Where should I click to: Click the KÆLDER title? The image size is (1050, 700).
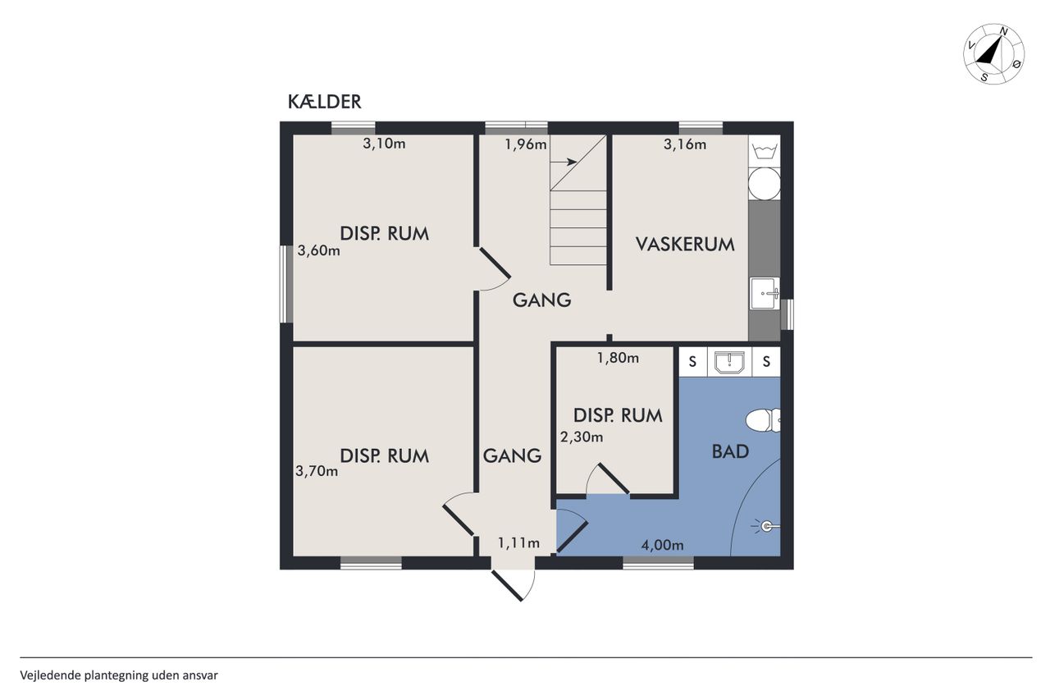pyautogui.click(x=324, y=102)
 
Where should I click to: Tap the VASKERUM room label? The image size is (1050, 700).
pyautogui.click(x=685, y=245)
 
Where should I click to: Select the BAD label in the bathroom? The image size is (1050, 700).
pyautogui.click(x=730, y=451)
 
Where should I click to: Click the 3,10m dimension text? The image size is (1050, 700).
pyautogui.click(x=384, y=144)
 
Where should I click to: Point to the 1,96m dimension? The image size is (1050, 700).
pyautogui.click(x=526, y=144)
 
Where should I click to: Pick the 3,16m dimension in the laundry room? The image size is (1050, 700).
pyautogui.click(x=685, y=144)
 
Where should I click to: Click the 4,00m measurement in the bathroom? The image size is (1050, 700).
pyautogui.click(x=662, y=545)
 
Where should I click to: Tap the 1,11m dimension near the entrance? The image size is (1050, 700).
pyautogui.click(x=518, y=543)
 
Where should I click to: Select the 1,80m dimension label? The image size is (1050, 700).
pyautogui.click(x=618, y=358)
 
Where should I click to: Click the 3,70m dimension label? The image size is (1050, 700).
pyautogui.click(x=317, y=471)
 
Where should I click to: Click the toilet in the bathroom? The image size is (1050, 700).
pyautogui.click(x=763, y=420)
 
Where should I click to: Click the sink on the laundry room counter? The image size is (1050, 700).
pyautogui.click(x=765, y=294)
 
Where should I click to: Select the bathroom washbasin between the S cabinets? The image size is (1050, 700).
pyautogui.click(x=729, y=363)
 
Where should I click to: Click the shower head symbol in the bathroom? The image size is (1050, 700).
pyautogui.click(x=766, y=527)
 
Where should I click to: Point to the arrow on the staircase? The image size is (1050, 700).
pyautogui.click(x=564, y=162)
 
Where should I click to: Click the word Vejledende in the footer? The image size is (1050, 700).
pyautogui.click(x=50, y=675)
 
